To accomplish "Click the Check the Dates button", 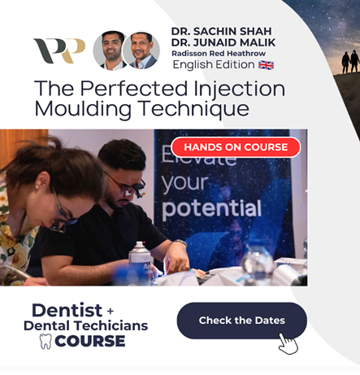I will point(241,320).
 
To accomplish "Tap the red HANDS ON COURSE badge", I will point(236,147).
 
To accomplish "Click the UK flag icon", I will point(266,64).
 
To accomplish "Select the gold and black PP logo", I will point(59,50).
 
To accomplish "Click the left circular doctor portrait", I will point(111,50).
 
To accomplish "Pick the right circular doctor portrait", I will point(142,50).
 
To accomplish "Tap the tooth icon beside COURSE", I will point(46,341).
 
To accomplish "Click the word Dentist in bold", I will point(67,310).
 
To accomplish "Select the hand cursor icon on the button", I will point(288,343).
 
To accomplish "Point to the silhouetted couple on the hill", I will point(349,62).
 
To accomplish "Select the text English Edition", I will point(213,64).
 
